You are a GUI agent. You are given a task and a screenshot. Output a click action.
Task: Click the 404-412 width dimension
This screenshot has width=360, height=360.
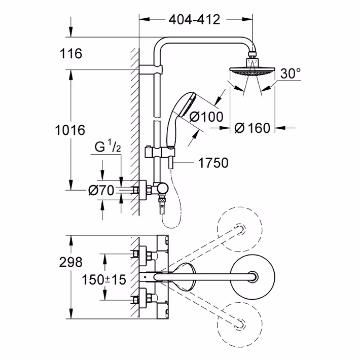point(195,20)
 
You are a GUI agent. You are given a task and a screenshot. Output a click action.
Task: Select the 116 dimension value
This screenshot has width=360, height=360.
point(70,54)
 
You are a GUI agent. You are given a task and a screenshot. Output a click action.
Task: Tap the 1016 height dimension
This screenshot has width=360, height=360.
point(70,130)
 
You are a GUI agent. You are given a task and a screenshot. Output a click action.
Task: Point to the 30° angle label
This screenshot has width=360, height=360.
point(291,74)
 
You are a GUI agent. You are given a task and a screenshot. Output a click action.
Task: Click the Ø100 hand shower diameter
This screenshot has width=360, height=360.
point(206,117)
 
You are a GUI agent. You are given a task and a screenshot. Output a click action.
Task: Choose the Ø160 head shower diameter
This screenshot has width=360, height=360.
point(253,128)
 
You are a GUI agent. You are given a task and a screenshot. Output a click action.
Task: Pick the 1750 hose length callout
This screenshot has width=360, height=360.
point(213,163)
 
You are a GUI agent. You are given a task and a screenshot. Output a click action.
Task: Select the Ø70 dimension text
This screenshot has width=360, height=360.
point(101,190)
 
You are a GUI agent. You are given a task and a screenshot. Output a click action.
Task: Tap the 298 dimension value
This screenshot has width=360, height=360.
point(70,262)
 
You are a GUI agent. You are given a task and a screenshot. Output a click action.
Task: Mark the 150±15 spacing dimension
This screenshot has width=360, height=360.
point(104,280)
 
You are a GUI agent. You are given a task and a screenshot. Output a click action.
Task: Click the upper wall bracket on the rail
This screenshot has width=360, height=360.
point(151,69)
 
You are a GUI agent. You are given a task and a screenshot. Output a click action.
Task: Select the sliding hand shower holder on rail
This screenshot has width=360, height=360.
point(160,153)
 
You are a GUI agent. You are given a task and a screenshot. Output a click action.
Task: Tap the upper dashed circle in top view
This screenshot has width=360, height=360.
point(240,229)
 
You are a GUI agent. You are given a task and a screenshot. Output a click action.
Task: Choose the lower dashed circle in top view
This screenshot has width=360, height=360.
point(240,325)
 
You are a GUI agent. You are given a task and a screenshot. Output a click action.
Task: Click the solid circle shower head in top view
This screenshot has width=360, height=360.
point(253,277)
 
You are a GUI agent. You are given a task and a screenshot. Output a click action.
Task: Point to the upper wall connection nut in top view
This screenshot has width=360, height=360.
point(136,254)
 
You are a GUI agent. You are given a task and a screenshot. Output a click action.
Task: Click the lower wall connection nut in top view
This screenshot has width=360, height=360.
point(136,300)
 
